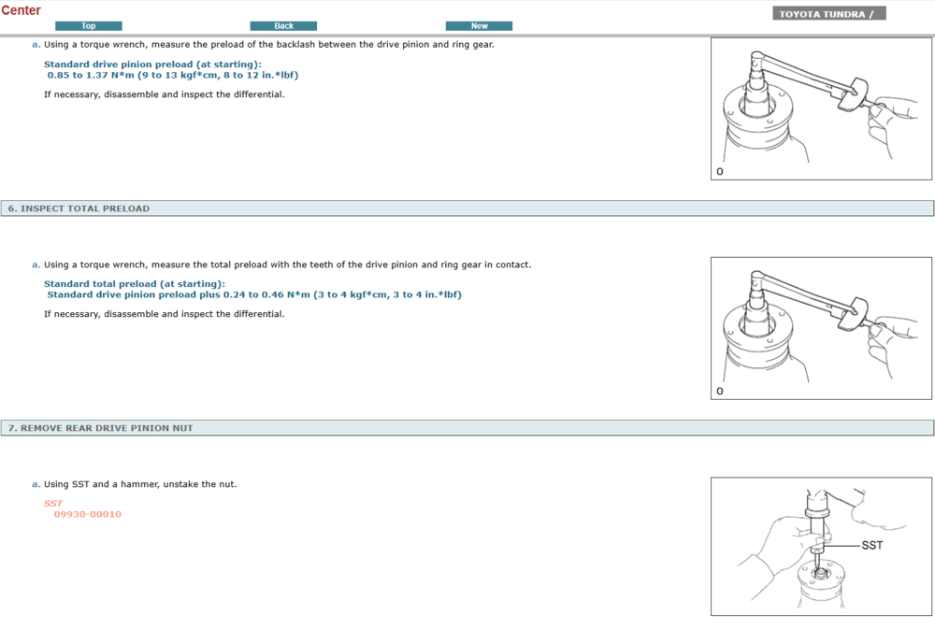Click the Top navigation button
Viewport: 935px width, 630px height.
[x=88, y=25]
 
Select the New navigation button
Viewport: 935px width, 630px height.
[x=479, y=25]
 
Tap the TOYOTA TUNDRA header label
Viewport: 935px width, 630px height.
[x=828, y=14]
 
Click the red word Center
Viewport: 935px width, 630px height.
[x=21, y=10]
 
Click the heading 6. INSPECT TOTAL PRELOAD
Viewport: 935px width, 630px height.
[x=79, y=208]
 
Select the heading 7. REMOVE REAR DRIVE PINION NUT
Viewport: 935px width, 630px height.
[x=100, y=428]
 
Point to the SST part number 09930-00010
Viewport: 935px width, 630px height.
[x=88, y=514]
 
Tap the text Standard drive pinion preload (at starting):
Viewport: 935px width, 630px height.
[x=152, y=64]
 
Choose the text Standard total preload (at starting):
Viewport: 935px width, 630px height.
[x=134, y=284]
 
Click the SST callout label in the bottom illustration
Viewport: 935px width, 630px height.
[x=871, y=545]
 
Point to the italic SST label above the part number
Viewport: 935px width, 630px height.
[x=53, y=503]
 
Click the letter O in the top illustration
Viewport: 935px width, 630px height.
[x=720, y=172]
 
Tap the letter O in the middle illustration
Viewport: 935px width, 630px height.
[x=720, y=391]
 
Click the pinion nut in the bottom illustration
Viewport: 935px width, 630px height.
[x=820, y=573]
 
